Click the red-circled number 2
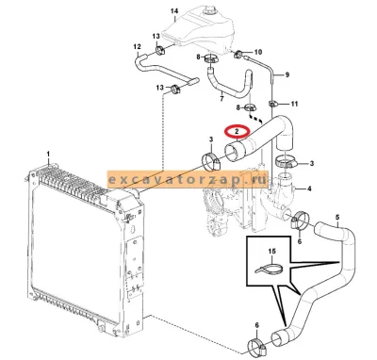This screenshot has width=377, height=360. tap(238, 132)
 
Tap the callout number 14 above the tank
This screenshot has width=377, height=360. tap(174, 11)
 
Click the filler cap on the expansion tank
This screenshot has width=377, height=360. tap(207, 11)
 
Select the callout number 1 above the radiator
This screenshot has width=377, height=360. tap(48, 154)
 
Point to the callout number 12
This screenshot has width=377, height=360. tap(137, 47)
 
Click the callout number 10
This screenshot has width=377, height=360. tap(258, 52)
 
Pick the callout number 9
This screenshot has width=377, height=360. tap(287, 74)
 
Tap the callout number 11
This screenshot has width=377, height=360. tap(294, 104)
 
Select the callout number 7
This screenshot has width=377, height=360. tap(221, 99)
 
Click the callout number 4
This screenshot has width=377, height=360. tap(309, 188)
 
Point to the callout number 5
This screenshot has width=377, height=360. tap(337, 217)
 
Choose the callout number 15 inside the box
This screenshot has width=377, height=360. tap(272, 251)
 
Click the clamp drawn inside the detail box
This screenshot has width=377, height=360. tap(269, 269)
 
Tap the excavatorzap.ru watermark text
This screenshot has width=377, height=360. tap(188, 180)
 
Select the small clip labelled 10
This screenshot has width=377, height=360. tap(238, 55)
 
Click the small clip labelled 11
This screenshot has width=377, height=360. tap(272, 104)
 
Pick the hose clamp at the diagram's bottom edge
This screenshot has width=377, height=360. tap(256, 345)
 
